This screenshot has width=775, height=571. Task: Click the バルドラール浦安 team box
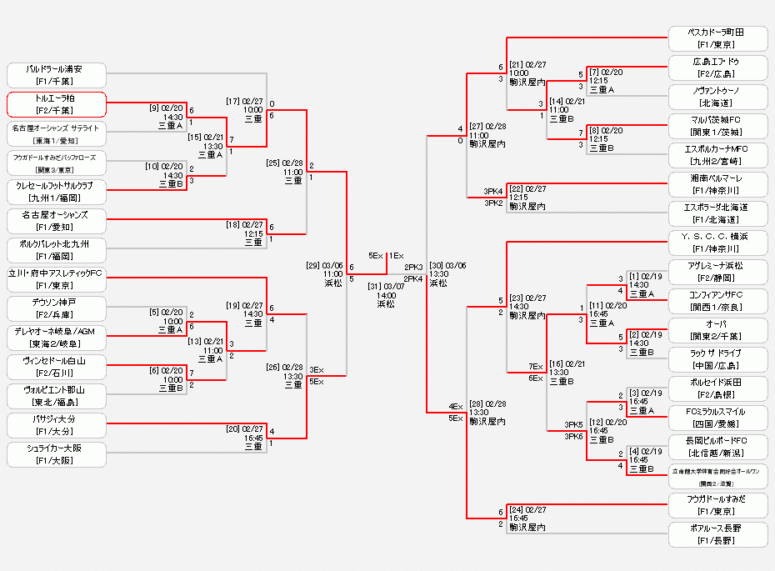(56, 75)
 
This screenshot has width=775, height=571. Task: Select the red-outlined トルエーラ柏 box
(56, 104)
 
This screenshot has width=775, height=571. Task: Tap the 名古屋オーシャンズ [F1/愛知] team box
(56, 221)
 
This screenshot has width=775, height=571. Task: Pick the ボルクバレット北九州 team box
(56, 250)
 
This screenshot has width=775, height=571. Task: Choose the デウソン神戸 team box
(56, 308)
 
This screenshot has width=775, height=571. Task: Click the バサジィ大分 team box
(56, 425)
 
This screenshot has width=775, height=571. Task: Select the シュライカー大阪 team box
(56, 454)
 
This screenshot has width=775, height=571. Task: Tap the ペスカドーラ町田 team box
(717, 38)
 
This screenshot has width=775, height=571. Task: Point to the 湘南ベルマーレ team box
(717, 183)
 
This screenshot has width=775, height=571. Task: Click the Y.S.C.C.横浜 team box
(717, 243)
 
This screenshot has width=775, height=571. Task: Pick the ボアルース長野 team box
(717, 534)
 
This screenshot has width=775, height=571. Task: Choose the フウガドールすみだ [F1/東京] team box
(717, 505)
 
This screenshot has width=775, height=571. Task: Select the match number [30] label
(437, 264)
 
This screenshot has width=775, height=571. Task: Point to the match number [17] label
(232, 101)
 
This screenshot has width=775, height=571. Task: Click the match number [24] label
(516, 508)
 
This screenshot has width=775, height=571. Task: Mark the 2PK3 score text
(414, 267)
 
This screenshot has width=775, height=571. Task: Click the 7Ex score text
(535, 367)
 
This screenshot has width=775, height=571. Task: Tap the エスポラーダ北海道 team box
(717, 213)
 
